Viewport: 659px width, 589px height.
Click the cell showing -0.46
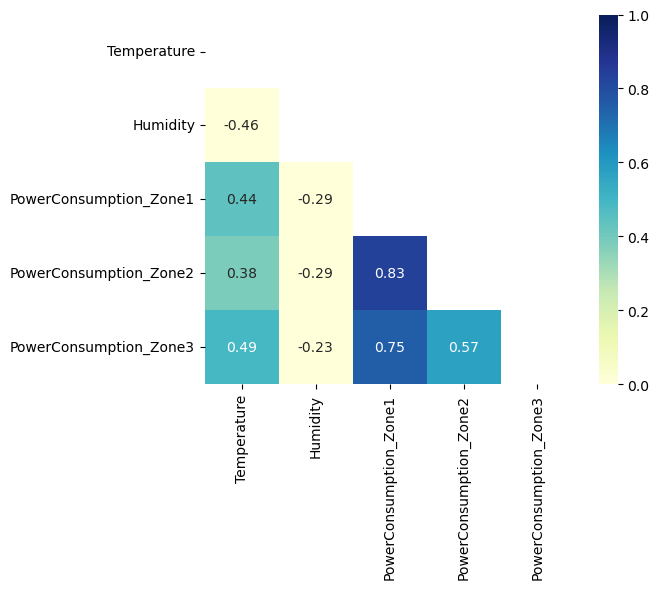242,125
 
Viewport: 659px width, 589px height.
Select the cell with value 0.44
242,199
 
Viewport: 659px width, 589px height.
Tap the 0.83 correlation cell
390,273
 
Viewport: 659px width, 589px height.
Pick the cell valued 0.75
390,347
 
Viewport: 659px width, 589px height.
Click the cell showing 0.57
464,347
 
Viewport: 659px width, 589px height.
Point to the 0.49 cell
242,347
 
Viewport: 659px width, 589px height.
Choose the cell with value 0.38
242,273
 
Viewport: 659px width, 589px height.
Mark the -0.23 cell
316,347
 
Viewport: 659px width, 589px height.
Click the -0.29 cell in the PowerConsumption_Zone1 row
316,199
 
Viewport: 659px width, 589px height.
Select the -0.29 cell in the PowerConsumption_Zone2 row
316,273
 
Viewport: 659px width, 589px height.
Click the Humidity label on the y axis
163,125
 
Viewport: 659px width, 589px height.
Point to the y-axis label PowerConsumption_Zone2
102,273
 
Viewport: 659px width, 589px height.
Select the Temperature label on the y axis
151,51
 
